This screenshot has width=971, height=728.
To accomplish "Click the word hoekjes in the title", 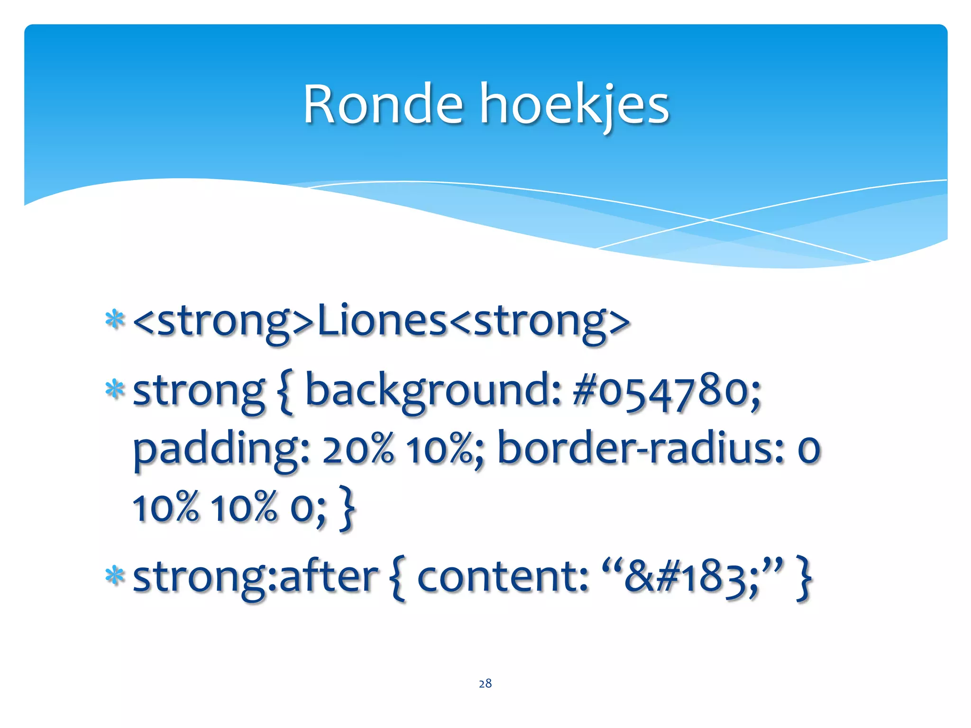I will [x=575, y=105].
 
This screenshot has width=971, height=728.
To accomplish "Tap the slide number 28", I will [x=485, y=683].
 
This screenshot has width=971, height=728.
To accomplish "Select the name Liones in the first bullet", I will [x=382, y=320].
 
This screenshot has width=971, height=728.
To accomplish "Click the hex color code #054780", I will [x=666, y=391].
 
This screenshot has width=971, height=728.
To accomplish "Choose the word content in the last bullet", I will [x=502, y=577].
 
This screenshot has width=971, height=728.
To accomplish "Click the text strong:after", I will [x=256, y=577].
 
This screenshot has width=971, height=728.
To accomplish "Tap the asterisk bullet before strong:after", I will [x=115, y=575].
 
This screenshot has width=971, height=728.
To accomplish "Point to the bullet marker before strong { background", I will [x=115, y=390].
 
